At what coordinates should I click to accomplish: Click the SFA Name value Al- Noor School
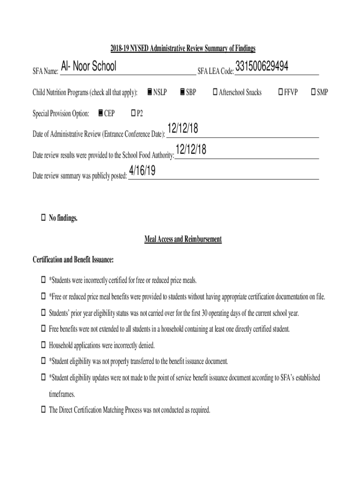(88, 67)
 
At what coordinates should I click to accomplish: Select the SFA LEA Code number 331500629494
(262, 66)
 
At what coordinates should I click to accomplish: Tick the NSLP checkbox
(149, 92)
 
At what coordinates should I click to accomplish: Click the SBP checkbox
(182, 92)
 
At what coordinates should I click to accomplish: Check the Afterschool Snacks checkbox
(215, 92)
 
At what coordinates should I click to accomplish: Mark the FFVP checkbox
(281, 92)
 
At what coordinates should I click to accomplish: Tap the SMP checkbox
(313, 92)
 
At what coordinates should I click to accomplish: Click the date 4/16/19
(142, 172)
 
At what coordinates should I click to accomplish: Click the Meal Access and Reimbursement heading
(183, 239)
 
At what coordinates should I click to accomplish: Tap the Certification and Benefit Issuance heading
(73, 260)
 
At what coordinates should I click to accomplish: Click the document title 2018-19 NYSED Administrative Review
(183, 49)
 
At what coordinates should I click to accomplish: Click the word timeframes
(62, 394)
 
